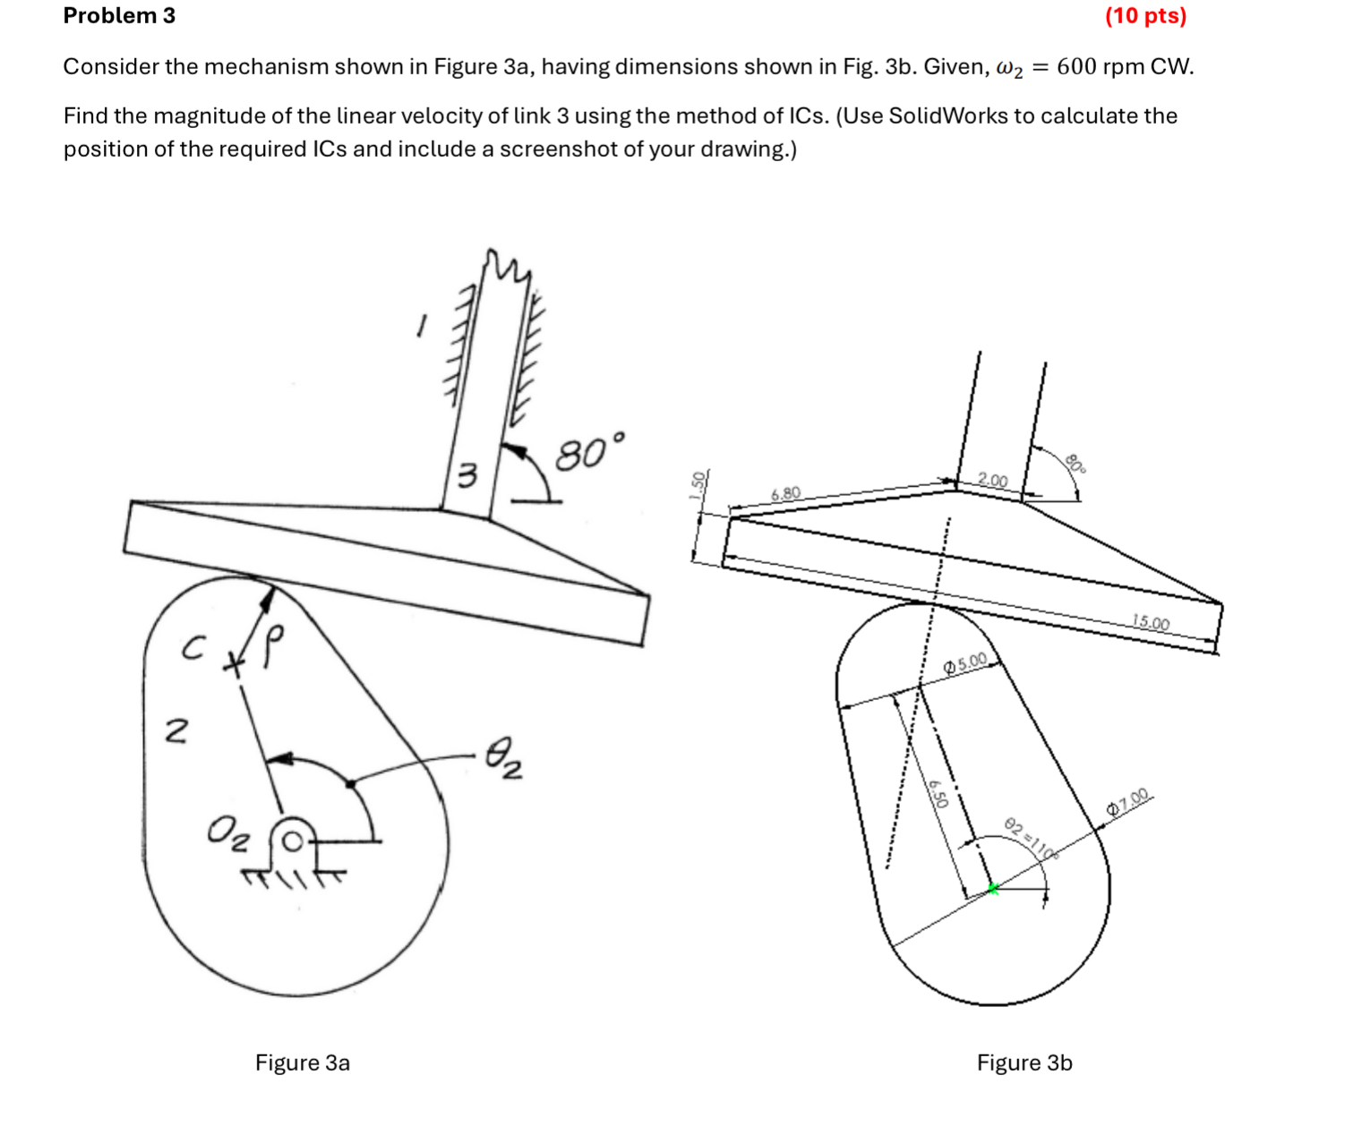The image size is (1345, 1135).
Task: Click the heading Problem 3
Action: pyautogui.click(x=119, y=16)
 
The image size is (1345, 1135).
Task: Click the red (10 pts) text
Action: pyautogui.click(x=1145, y=16)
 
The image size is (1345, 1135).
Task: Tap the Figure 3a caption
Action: pyautogui.click(x=302, y=1062)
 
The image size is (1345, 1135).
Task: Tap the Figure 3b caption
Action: pyautogui.click(x=1024, y=1062)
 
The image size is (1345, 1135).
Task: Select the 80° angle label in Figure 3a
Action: pyautogui.click(x=589, y=452)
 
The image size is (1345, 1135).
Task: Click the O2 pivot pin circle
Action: pyautogui.click(x=292, y=841)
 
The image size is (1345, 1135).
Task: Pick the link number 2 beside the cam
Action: pyautogui.click(x=176, y=732)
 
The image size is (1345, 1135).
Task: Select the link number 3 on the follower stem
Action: pyautogui.click(x=467, y=475)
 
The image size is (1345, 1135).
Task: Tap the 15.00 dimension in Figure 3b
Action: pyautogui.click(x=1151, y=622)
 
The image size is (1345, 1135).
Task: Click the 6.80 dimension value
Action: pyautogui.click(x=785, y=494)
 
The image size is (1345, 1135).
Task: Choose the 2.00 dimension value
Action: pyautogui.click(x=992, y=481)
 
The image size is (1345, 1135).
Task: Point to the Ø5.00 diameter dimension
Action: pyautogui.click(x=965, y=663)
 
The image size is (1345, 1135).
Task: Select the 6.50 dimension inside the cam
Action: pyautogui.click(x=938, y=794)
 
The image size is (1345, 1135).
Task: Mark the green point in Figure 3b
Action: pyautogui.click(x=992, y=888)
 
